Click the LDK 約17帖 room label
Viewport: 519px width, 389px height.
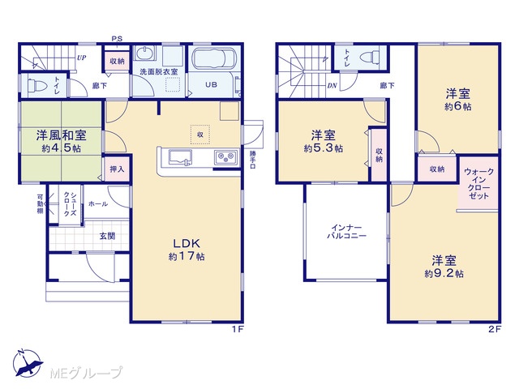coord(187,250)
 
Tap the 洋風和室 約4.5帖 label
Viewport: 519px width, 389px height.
coord(62,141)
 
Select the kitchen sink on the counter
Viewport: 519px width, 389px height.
coord(180,157)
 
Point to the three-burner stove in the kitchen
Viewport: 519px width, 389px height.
coord(226,158)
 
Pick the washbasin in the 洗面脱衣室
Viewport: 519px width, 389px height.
coord(144,53)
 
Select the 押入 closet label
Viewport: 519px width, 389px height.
coord(117,169)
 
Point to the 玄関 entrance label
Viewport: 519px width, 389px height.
coord(107,236)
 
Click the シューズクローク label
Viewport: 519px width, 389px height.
coord(71,203)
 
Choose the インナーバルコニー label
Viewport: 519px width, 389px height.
coord(346,232)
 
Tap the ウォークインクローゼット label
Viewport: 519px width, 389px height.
coord(478,184)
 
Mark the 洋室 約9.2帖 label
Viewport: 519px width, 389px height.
coord(444,267)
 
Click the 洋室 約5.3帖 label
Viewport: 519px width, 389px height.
coord(324,142)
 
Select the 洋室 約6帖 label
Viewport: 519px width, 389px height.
coord(457,100)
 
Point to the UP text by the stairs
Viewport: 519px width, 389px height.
coord(81,58)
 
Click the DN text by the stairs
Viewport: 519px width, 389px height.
coord(332,86)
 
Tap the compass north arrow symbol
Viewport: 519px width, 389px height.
coord(28,363)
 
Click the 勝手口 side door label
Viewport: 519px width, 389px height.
coord(253,160)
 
